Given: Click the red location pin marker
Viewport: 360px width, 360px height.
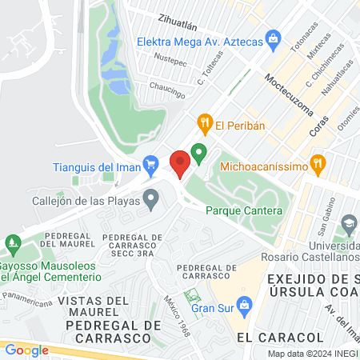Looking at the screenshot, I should tap(180, 162).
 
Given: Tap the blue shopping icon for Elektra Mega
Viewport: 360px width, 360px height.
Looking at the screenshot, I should tap(274, 38).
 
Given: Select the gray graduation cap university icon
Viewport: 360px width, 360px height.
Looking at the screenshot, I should tap(349, 222).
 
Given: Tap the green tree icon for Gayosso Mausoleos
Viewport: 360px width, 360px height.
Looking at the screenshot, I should tap(12, 241).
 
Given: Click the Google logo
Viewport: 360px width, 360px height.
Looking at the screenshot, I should tap(26, 350).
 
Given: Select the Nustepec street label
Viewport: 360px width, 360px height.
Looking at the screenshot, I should tap(171, 58).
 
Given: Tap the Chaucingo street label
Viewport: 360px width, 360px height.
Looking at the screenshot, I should tap(167, 89).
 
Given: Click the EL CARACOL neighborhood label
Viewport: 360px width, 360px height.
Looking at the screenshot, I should tap(280, 338).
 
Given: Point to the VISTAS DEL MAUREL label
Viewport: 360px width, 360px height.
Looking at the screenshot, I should tap(93, 306).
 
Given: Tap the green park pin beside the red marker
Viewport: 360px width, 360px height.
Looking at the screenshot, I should tap(198, 151).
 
